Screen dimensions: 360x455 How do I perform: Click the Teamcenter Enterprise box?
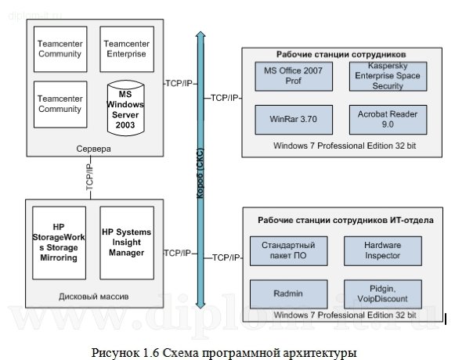(x=126, y=50)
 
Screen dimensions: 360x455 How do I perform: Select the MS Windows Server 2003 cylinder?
(x=126, y=109)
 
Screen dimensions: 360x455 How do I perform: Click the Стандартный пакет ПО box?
(x=281, y=250)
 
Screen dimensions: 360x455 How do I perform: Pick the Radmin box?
(x=281, y=293)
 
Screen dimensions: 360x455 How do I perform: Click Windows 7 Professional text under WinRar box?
(x=345, y=146)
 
